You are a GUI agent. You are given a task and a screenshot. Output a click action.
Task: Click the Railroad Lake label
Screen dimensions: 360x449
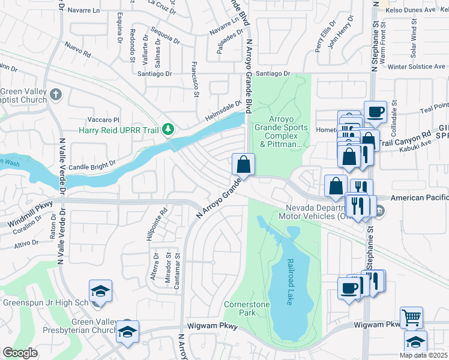pos(289,282)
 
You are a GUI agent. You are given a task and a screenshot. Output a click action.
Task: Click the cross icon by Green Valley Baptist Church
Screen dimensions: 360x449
pos(56,94)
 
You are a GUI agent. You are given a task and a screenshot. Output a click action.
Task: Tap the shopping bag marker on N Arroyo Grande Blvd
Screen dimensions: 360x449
pos(244,164)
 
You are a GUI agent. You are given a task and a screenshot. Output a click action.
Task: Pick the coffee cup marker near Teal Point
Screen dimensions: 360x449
pos(375,112)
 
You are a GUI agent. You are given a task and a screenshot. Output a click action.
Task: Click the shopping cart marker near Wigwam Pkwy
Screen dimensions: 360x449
pos(411,317)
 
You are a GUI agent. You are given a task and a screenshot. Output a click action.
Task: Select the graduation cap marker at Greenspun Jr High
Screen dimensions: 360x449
pos(100,292)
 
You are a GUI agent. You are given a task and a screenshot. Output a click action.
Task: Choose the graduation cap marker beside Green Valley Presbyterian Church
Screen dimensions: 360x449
pos(127,332)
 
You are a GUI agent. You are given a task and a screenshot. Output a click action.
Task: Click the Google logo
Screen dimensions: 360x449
pos(20,353)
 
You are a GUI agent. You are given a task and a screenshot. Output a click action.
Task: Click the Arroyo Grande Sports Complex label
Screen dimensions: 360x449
pos(281,127)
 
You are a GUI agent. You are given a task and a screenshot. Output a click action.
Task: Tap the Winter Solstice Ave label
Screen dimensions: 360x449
pos(415,67)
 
